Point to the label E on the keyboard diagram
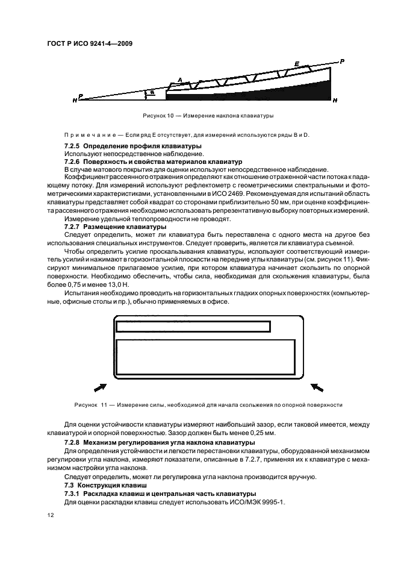[x=296, y=63]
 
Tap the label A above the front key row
[x=179, y=79]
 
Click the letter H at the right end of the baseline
[x=335, y=99]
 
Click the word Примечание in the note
[x=89, y=135]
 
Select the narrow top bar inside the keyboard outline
[x=193, y=327]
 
